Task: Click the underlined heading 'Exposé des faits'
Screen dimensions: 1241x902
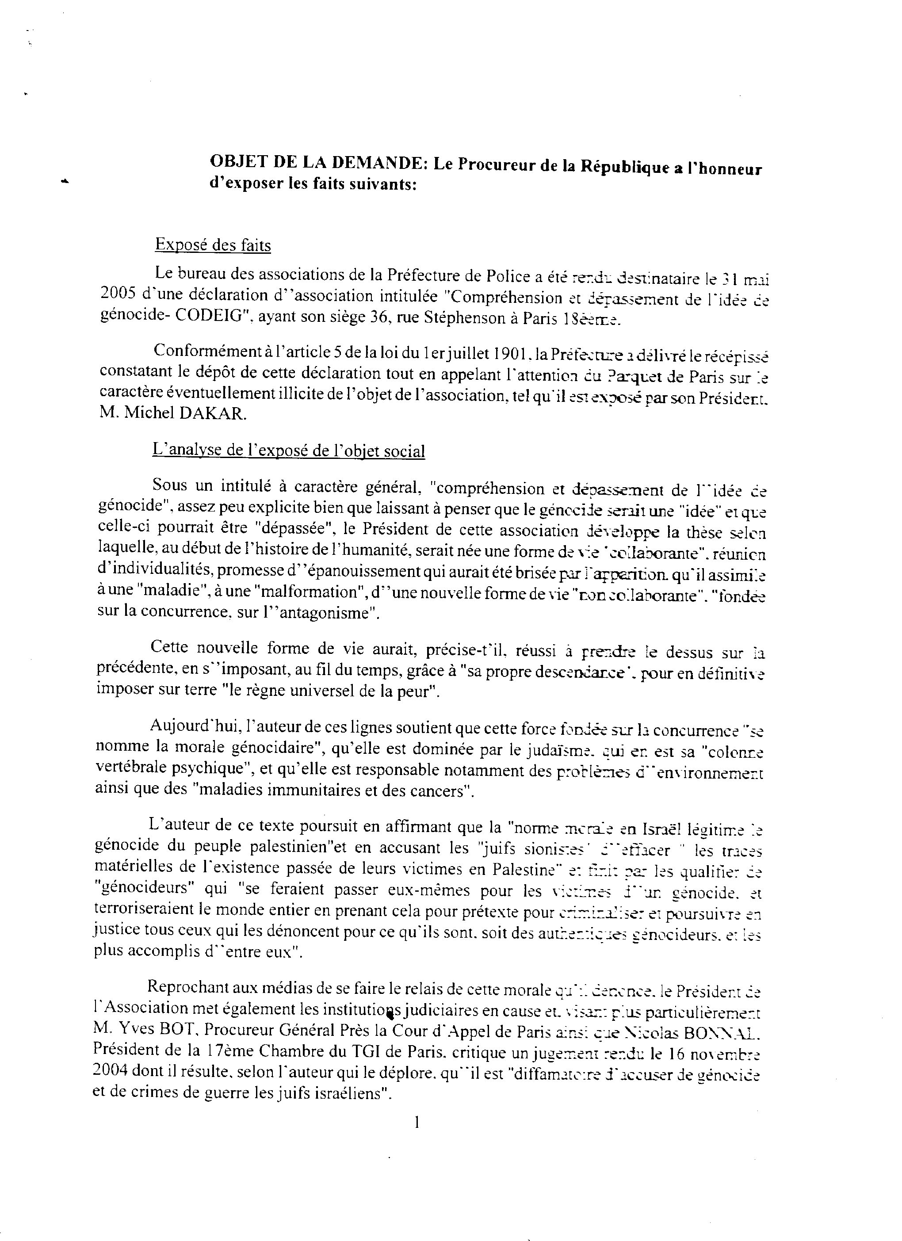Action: tap(213, 244)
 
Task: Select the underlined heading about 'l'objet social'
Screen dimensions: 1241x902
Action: tap(288, 451)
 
